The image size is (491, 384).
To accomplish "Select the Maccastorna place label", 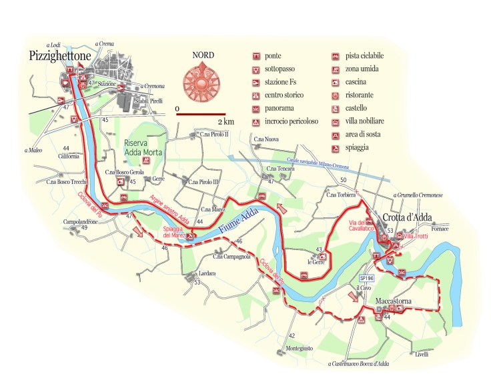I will [x=394, y=302].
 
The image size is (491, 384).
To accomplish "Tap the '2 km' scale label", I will [x=225, y=122].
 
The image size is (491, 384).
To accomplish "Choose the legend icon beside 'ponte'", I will [x=256, y=57].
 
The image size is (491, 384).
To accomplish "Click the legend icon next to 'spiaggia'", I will [x=336, y=149].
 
